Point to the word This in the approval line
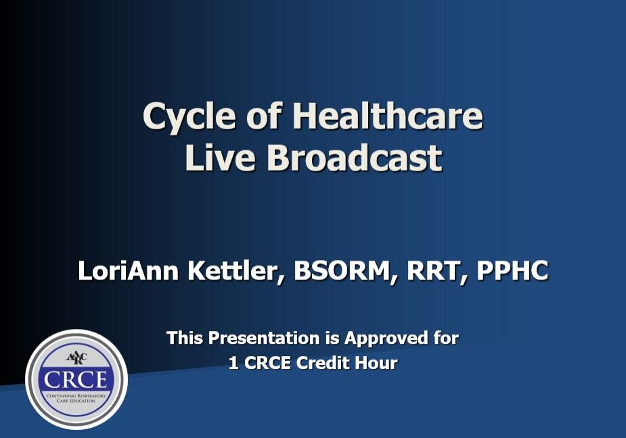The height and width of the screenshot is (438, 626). (x=185, y=337)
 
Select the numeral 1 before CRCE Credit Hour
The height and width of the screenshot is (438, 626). (x=233, y=363)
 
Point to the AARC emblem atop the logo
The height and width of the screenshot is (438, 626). (x=76, y=357)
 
